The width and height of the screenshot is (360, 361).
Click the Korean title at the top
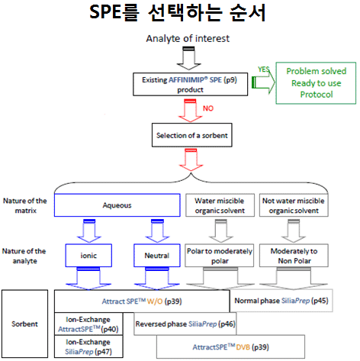tap(178, 12)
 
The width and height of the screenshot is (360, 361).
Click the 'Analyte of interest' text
tap(188, 38)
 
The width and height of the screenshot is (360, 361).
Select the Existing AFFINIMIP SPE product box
tap(190, 84)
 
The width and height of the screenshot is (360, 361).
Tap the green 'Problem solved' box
tap(316, 83)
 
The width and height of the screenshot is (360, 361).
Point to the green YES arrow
tap(263, 82)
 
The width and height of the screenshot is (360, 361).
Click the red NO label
tap(208, 108)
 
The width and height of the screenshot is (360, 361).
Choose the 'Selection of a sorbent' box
tap(192, 135)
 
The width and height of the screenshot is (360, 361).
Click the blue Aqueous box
tap(117, 205)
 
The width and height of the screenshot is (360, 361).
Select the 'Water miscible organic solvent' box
tap(220, 205)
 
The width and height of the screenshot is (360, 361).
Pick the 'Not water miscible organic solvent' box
tap(294, 205)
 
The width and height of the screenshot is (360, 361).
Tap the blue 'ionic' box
tap(88, 256)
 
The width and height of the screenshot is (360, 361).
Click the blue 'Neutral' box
tap(157, 256)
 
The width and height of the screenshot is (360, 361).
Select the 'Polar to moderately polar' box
tap(220, 256)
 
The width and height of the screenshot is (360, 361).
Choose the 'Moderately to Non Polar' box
tap(294, 256)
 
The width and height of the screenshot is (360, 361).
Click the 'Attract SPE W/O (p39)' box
tap(142, 301)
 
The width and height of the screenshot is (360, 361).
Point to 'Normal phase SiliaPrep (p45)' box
tap(281, 301)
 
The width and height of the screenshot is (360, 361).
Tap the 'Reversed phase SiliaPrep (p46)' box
tap(185, 324)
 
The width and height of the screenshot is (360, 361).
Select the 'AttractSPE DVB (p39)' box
tap(230, 346)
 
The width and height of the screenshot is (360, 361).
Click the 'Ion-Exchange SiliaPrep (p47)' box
tap(88, 346)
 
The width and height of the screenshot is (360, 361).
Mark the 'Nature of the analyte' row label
tap(24, 256)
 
